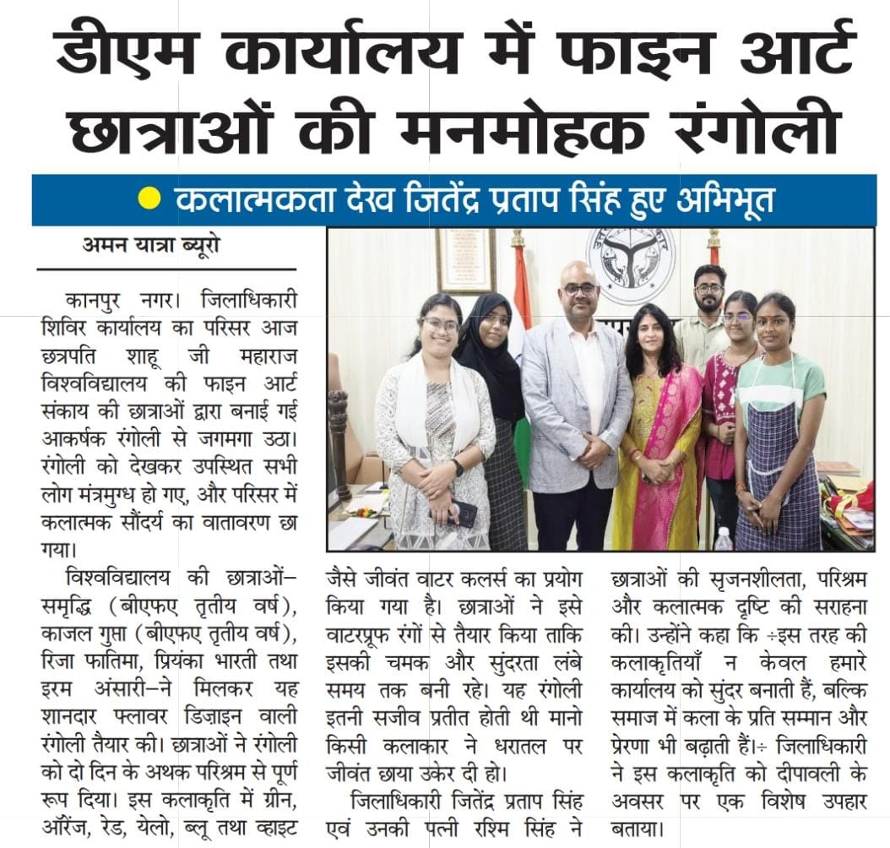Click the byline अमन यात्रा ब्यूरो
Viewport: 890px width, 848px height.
tap(153, 247)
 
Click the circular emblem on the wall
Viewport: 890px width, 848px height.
tap(631, 264)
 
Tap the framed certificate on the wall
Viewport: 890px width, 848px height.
tap(465, 260)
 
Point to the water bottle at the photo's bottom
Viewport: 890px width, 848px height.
tap(723, 538)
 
